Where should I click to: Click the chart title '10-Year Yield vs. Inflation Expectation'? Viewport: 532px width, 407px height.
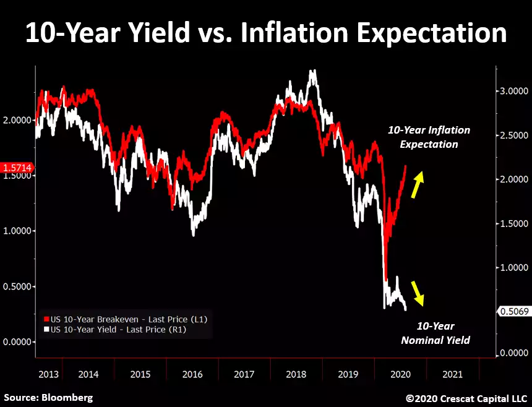(266, 33)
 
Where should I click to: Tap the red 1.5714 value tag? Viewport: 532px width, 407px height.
(18, 168)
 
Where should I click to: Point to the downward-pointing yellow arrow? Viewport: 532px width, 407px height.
(418, 292)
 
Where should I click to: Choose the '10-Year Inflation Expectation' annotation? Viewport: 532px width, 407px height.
(429, 137)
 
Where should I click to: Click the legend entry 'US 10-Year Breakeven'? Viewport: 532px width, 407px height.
(124, 319)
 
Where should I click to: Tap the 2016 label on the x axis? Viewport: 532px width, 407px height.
(192, 374)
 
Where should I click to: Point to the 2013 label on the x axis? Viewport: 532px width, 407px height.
(48, 374)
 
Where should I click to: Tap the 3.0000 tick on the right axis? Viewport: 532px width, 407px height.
(515, 91)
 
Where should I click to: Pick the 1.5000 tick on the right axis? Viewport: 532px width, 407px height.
(515, 223)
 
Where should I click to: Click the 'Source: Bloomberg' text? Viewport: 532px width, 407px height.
(48, 397)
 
